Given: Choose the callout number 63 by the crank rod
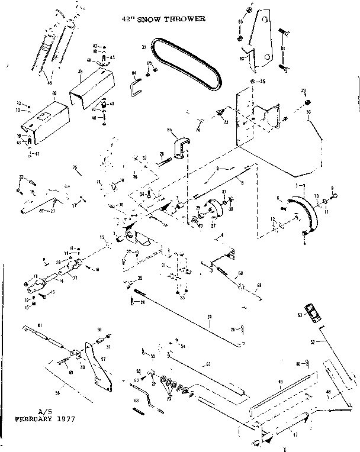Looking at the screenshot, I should click(137, 401).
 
